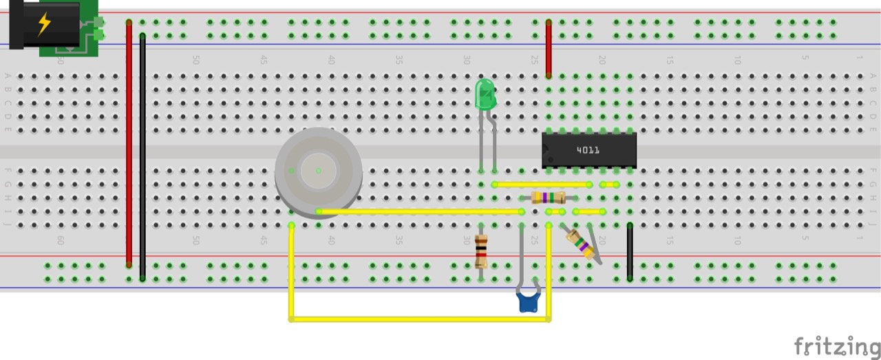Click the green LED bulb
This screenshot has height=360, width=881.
[x=485, y=94]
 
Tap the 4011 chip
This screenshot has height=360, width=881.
[x=588, y=150]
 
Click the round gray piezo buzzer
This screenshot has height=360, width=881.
[x=318, y=172]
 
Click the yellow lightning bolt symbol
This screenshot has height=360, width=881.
[x=44, y=23]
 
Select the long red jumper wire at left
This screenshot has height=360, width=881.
[x=129, y=145]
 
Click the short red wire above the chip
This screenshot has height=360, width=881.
[x=549, y=48]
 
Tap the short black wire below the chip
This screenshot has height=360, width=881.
[x=630, y=252]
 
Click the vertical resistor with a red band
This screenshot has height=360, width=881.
[x=481, y=252]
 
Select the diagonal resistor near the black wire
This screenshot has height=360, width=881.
[x=580, y=244]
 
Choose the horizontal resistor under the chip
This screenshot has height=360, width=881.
[x=549, y=198]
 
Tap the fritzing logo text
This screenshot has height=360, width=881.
[x=836, y=346]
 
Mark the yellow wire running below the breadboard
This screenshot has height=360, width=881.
[x=420, y=319]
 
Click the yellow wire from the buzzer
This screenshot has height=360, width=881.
[x=420, y=211]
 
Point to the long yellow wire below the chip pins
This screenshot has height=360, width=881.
[x=542, y=184]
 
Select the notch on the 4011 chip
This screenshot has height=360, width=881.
[x=544, y=159]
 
